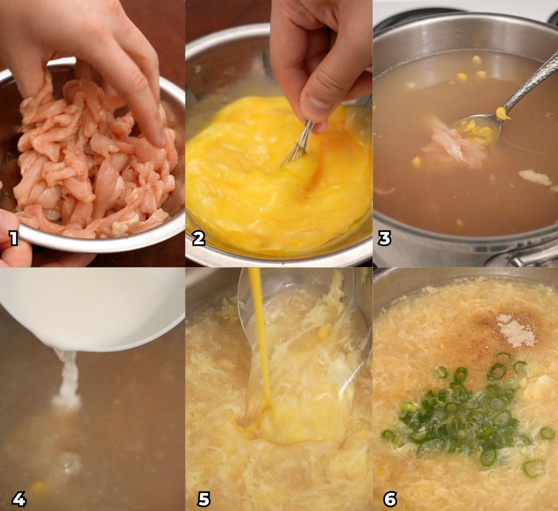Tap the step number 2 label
(199, 238)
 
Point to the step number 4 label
(19, 499)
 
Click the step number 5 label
(204, 499)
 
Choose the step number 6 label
(390, 499)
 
